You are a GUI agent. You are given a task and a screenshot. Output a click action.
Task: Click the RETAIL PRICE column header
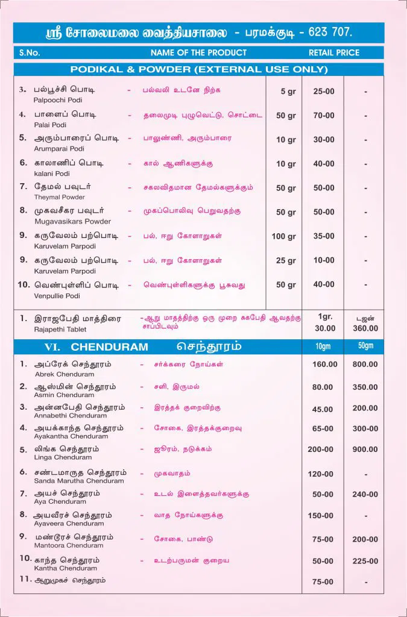point(333,52)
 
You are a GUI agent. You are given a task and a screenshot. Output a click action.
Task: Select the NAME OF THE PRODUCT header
point(198,52)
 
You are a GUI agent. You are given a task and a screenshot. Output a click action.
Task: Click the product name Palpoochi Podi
point(55,101)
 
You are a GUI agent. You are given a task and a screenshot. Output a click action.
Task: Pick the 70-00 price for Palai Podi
point(323,115)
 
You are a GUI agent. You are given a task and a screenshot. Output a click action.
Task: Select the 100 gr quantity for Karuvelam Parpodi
point(283,236)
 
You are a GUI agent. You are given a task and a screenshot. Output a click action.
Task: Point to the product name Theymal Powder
point(59,197)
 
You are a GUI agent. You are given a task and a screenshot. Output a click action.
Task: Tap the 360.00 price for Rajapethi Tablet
point(365,328)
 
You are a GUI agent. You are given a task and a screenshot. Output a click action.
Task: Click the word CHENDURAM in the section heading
point(109,347)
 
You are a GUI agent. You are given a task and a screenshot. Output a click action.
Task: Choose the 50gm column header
point(365,346)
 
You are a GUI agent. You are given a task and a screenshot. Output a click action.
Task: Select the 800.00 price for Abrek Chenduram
point(365,365)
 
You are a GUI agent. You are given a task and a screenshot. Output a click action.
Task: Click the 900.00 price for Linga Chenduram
point(365,449)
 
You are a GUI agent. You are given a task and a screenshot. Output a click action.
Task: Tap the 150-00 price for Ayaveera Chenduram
point(320,516)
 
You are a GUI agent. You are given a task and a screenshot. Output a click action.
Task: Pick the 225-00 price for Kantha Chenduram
point(365,561)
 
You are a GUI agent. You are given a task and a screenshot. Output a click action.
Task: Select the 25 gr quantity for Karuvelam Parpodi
point(286,260)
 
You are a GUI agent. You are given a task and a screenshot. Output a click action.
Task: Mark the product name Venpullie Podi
point(58,296)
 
